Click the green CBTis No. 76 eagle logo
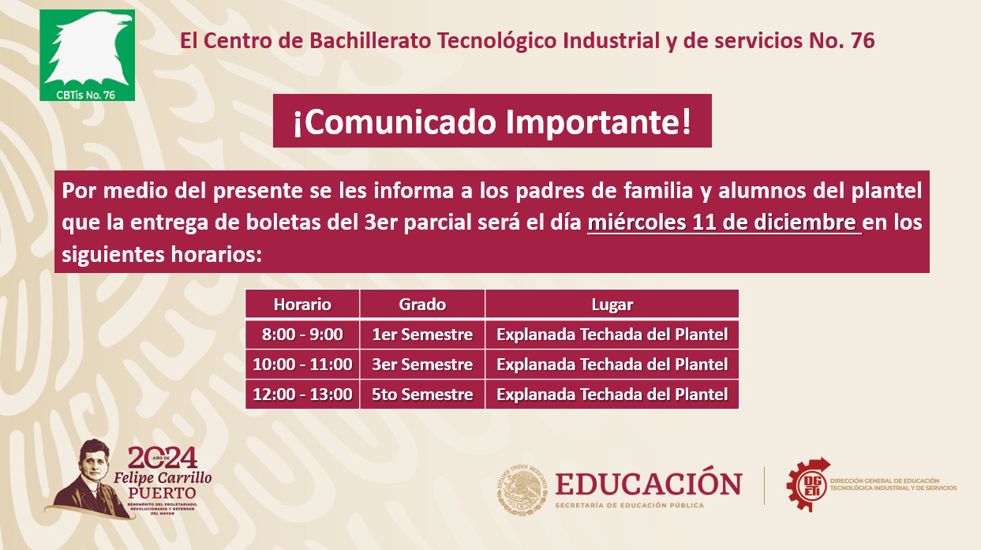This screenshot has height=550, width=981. pos(87,55)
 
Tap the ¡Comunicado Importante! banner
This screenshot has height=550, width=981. pos(492,121)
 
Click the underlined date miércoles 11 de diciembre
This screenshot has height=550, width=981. pos(725,223)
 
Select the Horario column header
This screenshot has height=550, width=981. pos(302,304)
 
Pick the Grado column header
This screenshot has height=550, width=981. pos(422,304)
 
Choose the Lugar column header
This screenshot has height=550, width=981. pos(612,304)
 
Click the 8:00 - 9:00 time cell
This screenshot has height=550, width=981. pos(302,335)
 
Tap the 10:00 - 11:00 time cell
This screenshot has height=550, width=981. pos(302,365)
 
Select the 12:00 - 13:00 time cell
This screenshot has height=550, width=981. pos(302,394)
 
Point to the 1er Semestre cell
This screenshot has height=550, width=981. pos(422,335)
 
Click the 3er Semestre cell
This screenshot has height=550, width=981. pos(422,365)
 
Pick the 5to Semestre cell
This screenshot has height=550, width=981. pos(422,394)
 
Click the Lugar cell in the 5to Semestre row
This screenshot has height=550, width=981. pos(612,394)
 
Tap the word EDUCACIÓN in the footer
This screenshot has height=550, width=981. pos(649,483)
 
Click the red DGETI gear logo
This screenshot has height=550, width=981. pos(808,485)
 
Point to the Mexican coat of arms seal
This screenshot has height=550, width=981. pos(522,488)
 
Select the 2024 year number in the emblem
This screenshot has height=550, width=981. pos(163,458)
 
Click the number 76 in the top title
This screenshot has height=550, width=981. pos(863,41)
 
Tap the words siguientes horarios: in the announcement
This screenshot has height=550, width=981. pos(162,254)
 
